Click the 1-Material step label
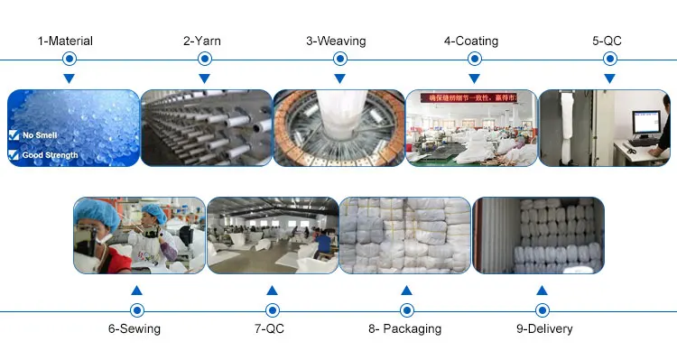65,41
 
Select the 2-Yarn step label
202,41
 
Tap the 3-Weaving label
336,41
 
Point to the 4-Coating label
470,41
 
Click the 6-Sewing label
134,328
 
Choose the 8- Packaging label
404,328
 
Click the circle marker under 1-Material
69,60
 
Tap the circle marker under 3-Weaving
339,60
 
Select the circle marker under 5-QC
609,60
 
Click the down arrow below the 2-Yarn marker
204,78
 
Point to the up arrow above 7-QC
272,291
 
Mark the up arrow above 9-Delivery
542,291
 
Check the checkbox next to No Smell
13,135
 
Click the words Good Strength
50,155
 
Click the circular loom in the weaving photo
337,131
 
